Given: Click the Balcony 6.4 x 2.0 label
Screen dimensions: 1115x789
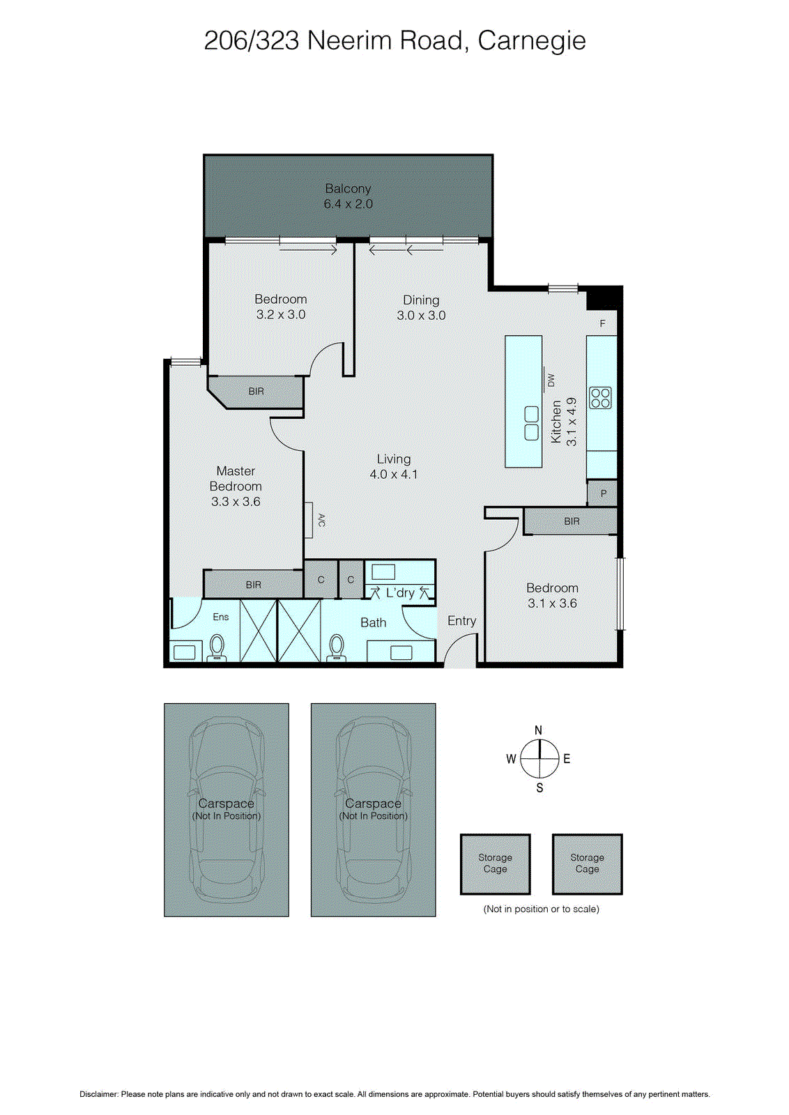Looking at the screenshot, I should [348, 197].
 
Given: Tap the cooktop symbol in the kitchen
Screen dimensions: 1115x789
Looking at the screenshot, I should [600, 398].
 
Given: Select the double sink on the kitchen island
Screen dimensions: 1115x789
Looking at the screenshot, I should [531, 424].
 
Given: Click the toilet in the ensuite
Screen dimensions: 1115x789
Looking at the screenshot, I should [217, 647].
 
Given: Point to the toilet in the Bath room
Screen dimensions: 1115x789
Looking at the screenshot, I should [337, 647].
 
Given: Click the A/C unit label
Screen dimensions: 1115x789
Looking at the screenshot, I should [321, 520].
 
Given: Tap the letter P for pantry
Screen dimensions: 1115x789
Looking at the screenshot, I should [604, 493].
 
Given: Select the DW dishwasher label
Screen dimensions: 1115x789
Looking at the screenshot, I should [551, 380].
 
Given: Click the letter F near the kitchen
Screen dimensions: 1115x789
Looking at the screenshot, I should [603, 323].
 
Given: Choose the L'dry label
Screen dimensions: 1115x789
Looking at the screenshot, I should [400, 593].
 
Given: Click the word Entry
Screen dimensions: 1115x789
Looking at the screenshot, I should [461, 621].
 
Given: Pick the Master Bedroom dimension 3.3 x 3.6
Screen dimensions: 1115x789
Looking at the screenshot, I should [236, 502].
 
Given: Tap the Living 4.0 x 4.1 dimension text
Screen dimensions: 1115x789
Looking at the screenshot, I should [394, 475].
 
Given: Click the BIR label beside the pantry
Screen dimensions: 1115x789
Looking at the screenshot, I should [572, 521].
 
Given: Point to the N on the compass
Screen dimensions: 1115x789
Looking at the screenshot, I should [538, 730].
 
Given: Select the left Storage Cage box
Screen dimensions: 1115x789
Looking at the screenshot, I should [495, 863].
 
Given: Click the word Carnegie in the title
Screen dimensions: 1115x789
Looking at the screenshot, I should [532, 40].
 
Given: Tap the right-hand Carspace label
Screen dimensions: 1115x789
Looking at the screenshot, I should [373, 803].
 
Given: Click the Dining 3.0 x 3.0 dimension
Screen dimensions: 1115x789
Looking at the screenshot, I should [421, 316].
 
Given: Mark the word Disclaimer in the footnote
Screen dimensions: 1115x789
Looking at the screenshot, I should [99, 1094].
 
